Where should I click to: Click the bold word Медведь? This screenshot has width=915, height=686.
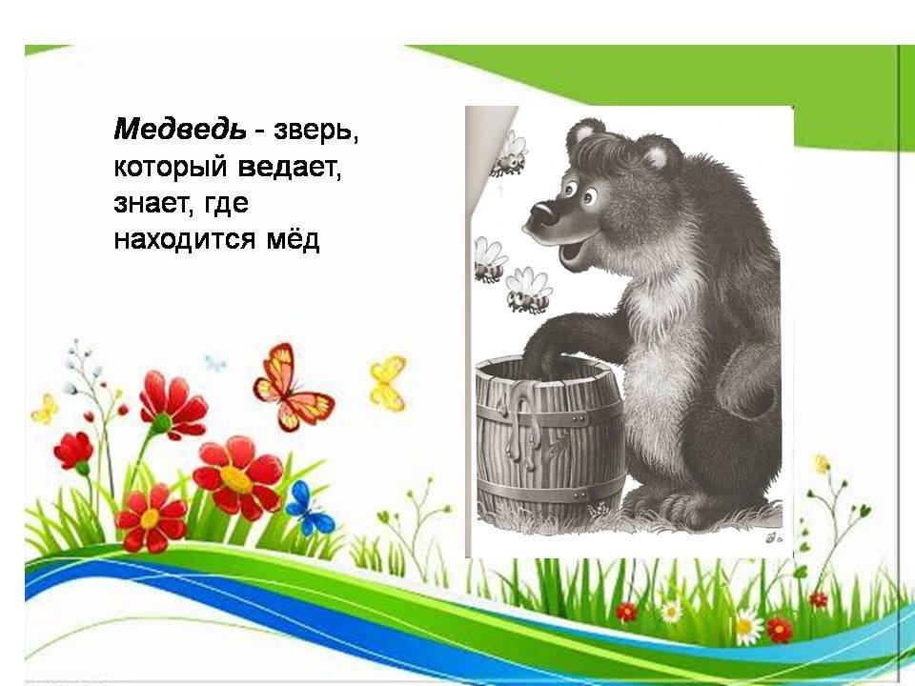coord(180,130)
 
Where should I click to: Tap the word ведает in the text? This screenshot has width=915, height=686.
coord(288,168)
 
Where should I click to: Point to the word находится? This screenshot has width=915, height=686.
coord(184,240)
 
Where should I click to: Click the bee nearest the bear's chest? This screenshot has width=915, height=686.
coord(528,291)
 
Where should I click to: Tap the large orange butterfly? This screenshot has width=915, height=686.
coord(292,388)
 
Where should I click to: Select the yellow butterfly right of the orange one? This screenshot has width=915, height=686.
coord(388,383)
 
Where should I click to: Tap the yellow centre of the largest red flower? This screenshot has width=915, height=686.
coord(236,479)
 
